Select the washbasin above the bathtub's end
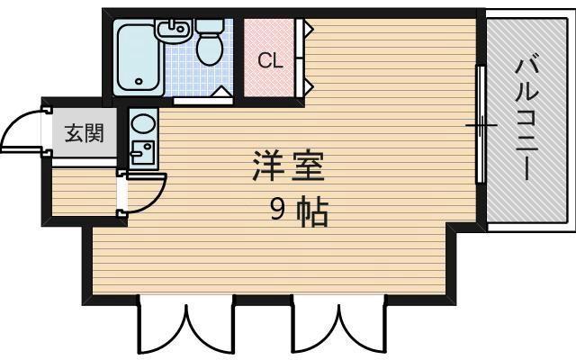174,31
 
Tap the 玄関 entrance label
83,133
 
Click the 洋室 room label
288,166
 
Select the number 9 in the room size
279,211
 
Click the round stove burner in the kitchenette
141,121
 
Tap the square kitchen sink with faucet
141,151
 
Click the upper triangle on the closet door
308,30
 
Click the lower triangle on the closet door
308,86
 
